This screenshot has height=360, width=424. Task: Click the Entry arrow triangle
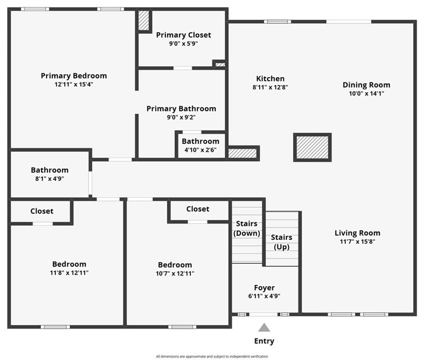[264, 327]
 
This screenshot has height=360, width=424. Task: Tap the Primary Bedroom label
[74, 76]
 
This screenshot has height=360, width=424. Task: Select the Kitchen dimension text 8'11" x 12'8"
[270, 87]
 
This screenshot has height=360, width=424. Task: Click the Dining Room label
[366, 85]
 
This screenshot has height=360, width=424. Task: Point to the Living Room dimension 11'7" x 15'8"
[357, 241]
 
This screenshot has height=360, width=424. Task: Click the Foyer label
[264, 287]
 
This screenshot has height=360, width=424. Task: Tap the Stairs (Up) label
[282, 242]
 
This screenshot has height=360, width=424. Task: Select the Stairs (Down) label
[246, 228]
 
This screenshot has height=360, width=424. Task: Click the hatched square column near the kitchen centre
[312, 147]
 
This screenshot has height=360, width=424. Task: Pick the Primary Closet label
[184, 35]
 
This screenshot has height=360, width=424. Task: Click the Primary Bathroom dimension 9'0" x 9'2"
[181, 117]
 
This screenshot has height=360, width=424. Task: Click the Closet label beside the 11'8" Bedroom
[42, 211]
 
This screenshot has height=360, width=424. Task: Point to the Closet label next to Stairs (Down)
[198, 209]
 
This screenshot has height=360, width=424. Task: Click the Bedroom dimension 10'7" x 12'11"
[175, 273]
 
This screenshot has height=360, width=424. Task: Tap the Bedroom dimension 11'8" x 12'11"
[69, 273]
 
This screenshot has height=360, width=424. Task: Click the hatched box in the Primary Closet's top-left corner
[143, 21]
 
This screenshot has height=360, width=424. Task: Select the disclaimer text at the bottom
[212, 356]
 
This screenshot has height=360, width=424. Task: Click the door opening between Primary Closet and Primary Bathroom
[183, 68]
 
